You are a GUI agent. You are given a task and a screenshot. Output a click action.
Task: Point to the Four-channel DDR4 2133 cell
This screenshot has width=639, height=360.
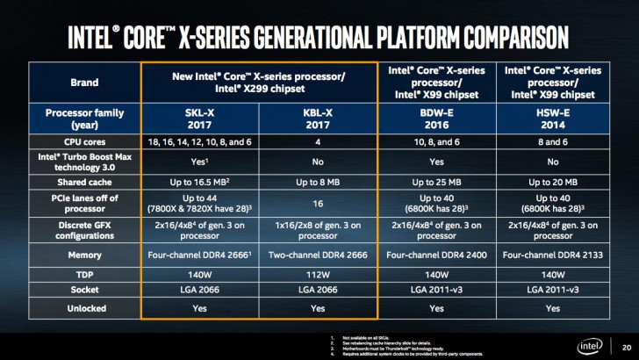pyautogui.click(x=551, y=254)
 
